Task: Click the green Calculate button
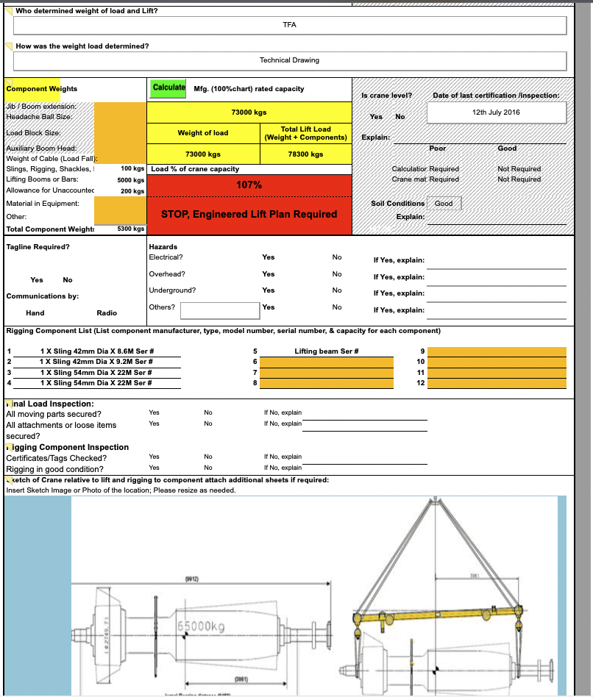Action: point(168,87)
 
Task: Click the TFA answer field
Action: point(289,25)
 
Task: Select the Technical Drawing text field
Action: point(289,60)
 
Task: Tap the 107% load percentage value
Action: point(249,185)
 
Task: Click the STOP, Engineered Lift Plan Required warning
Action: point(249,214)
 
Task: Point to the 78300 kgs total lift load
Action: point(305,154)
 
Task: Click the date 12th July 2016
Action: point(496,112)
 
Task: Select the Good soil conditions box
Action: point(444,203)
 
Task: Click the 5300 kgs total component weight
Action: point(131,229)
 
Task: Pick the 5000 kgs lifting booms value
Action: point(131,180)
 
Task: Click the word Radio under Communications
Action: point(107,313)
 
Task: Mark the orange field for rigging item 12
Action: point(497,383)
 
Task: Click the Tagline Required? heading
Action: point(38,247)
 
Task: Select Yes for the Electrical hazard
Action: point(269,257)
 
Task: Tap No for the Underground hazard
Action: point(337,290)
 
